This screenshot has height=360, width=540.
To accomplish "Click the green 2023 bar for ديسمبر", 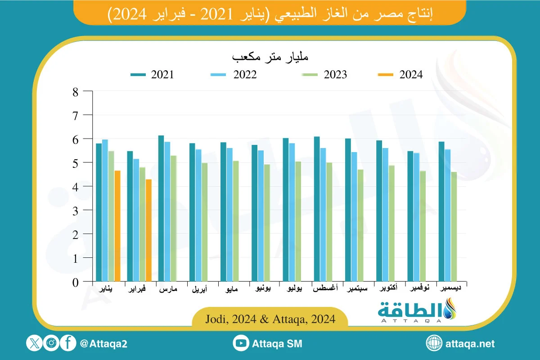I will (454, 227).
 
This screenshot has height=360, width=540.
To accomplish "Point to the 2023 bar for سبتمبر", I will (360, 225).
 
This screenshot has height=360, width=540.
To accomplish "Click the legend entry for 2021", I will (152, 75).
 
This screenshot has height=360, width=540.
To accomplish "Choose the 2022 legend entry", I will (234, 75).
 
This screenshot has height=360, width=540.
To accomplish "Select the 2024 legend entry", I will (400, 75).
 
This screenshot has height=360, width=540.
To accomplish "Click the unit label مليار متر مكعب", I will (270, 58).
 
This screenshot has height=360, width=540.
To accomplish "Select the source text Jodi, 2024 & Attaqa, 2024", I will (270, 319).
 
